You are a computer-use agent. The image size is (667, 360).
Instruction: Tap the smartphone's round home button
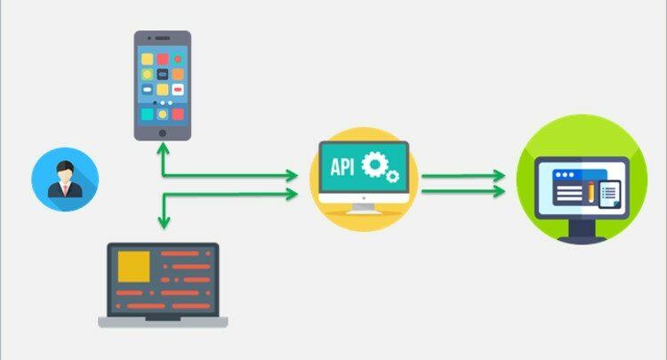[x=162, y=132]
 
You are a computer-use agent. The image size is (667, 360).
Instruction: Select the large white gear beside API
[x=377, y=164]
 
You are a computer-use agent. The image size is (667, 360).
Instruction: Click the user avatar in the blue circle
[x=65, y=179]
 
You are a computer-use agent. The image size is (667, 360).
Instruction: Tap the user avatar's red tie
[x=65, y=188]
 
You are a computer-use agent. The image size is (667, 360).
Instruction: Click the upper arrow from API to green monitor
[x=462, y=176]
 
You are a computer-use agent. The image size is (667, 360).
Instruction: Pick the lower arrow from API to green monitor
[x=462, y=192]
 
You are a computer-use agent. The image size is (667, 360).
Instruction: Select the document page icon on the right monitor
[x=608, y=194]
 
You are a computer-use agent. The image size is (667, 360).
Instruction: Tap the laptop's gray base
[x=163, y=321]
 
